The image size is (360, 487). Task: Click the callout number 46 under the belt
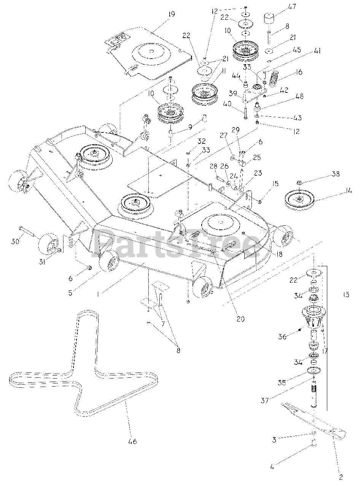(132, 441)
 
